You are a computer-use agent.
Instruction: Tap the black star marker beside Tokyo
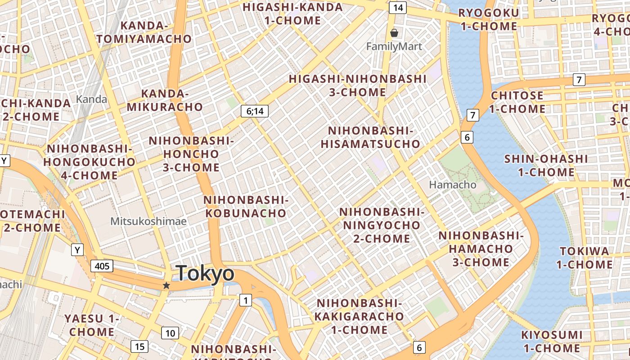(x=166, y=285)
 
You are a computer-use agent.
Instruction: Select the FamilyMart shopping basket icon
(x=394, y=33)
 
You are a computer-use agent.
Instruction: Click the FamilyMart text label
(x=394, y=46)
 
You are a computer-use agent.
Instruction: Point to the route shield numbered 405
(x=102, y=266)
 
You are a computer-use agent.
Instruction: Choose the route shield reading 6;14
(x=255, y=111)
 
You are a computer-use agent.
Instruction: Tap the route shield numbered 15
(x=139, y=346)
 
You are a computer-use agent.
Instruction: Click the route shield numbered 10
(x=170, y=333)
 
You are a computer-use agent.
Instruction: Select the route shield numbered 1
(x=245, y=300)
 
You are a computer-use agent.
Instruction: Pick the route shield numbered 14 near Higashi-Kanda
(x=398, y=8)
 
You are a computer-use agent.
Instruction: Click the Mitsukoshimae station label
(x=148, y=221)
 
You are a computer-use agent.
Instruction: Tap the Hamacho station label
(x=453, y=184)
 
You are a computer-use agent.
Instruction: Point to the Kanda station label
(x=92, y=99)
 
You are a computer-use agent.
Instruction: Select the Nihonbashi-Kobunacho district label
(x=246, y=206)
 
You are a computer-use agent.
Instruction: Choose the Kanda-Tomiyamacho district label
(x=144, y=32)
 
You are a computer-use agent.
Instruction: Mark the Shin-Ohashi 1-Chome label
(x=546, y=165)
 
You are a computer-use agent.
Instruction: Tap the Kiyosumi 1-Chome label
(x=552, y=342)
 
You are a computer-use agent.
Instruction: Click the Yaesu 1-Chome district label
(x=92, y=325)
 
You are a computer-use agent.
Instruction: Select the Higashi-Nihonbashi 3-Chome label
(x=357, y=85)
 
